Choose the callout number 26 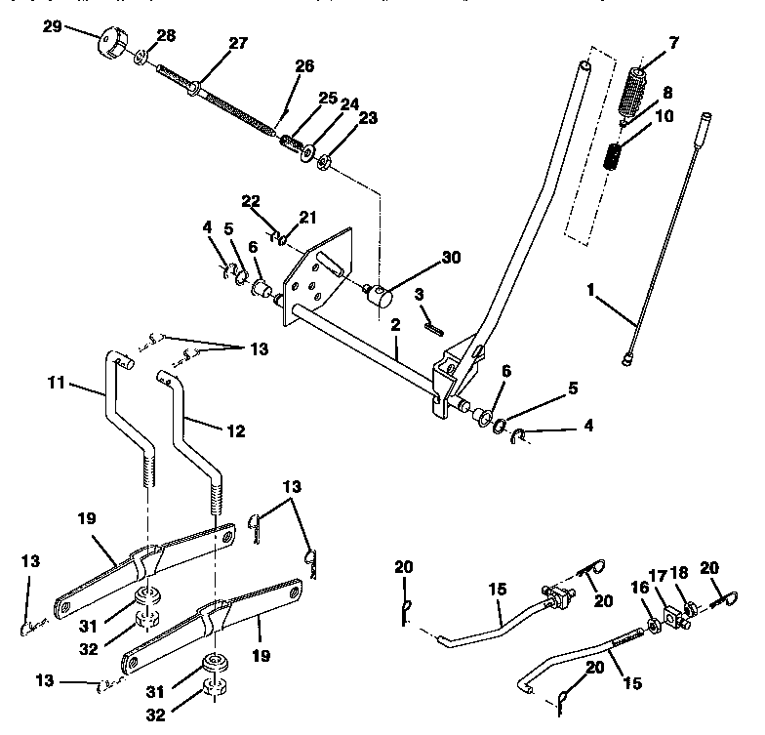[304, 66]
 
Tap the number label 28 [166, 35]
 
